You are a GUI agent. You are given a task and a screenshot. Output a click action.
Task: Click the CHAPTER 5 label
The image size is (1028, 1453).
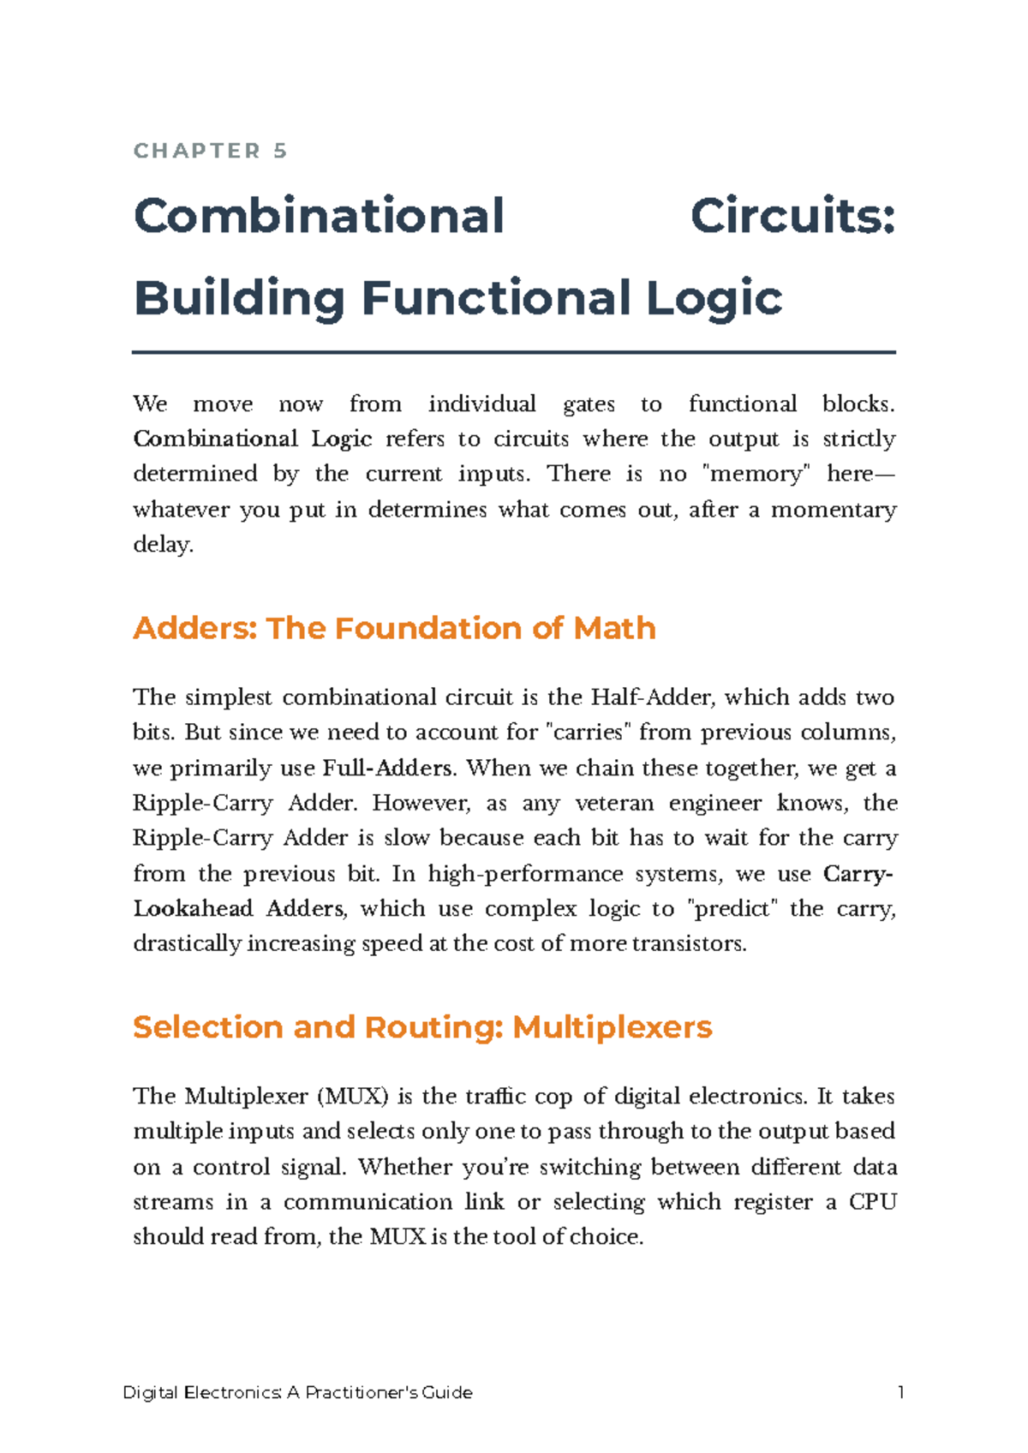click(211, 152)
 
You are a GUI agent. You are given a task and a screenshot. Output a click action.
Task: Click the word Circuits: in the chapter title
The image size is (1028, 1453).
click(792, 216)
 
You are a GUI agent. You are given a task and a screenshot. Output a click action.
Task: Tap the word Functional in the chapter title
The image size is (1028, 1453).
click(497, 298)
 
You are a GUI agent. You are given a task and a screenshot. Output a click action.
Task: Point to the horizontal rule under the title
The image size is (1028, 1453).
click(514, 352)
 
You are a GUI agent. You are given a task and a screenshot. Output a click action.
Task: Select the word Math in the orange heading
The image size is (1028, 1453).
click(614, 629)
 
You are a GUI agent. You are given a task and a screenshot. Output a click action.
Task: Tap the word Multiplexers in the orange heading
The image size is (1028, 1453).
click(612, 1027)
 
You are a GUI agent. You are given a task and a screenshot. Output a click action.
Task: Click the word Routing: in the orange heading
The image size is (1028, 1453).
click(434, 1027)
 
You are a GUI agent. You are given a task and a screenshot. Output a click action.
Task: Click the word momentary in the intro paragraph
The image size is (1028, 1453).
click(834, 510)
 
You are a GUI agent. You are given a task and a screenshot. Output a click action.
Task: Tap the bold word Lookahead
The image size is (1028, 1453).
click(193, 909)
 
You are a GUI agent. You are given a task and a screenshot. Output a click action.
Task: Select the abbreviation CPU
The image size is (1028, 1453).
click(872, 1202)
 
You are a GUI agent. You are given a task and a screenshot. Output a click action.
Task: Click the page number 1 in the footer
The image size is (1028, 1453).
click(900, 1393)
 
